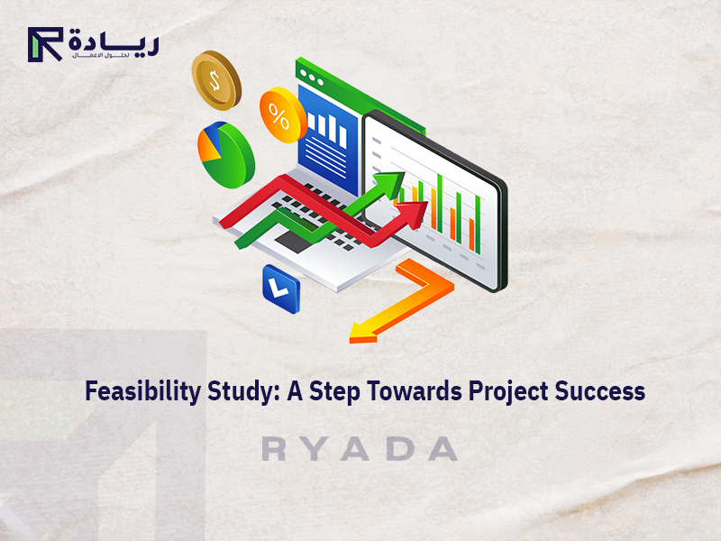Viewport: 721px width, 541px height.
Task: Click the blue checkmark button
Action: [x=280, y=289]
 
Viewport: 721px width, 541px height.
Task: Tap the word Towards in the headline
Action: [x=416, y=392]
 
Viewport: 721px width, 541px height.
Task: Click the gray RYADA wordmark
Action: [x=360, y=449]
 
